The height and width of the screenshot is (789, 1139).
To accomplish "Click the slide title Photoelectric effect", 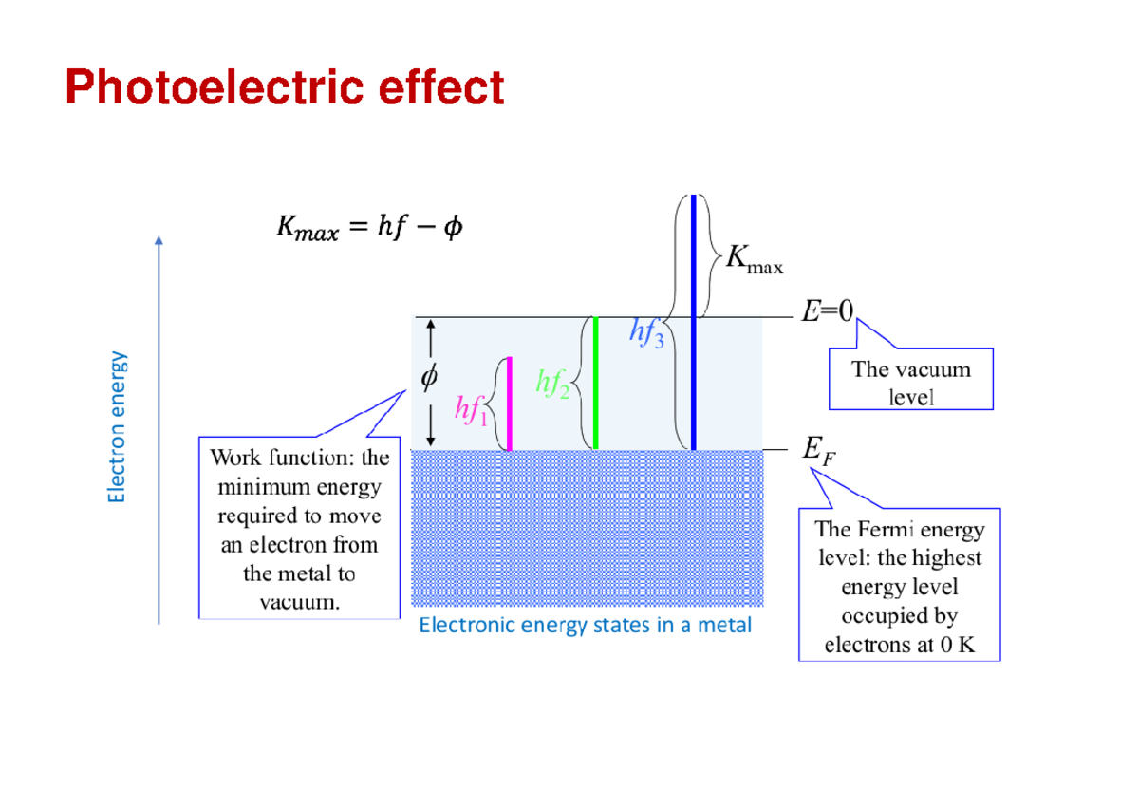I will tap(284, 88).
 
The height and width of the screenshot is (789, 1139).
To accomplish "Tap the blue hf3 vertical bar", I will tap(694, 323).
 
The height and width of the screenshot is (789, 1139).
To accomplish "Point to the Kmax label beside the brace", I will tap(755, 261).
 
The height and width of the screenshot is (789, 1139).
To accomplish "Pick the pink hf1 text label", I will tap(471, 410).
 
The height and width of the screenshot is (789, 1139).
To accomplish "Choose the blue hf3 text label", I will tap(645, 332).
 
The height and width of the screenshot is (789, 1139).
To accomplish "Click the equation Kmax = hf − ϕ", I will tap(369, 228).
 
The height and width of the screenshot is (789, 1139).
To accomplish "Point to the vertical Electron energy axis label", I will tap(117, 427).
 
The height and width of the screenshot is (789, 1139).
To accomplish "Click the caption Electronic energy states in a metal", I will tap(585, 625).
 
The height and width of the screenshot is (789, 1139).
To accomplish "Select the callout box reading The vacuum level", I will tap(910, 383).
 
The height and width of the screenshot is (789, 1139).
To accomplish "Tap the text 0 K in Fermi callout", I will tap(954, 646).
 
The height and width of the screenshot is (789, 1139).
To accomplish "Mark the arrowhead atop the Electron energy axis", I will tap(159, 241).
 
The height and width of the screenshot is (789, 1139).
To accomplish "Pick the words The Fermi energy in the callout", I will tap(900, 529).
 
